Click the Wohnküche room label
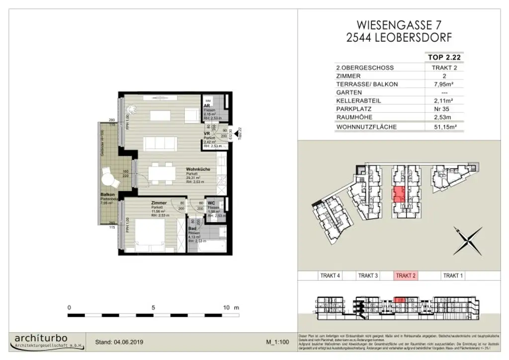pyautogui.click(x=197, y=170)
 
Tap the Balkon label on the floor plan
pyautogui.click(x=105, y=195)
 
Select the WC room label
pyautogui.click(x=211, y=203)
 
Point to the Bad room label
pyautogui.click(x=192, y=229)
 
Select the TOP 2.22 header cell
pyautogui.click(x=444, y=58)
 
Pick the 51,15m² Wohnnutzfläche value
pyautogui.click(x=444, y=127)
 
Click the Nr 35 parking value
pyautogui.click(x=444, y=109)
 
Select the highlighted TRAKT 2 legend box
pyautogui.click(x=406, y=275)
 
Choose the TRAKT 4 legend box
pyautogui.click(x=330, y=275)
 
